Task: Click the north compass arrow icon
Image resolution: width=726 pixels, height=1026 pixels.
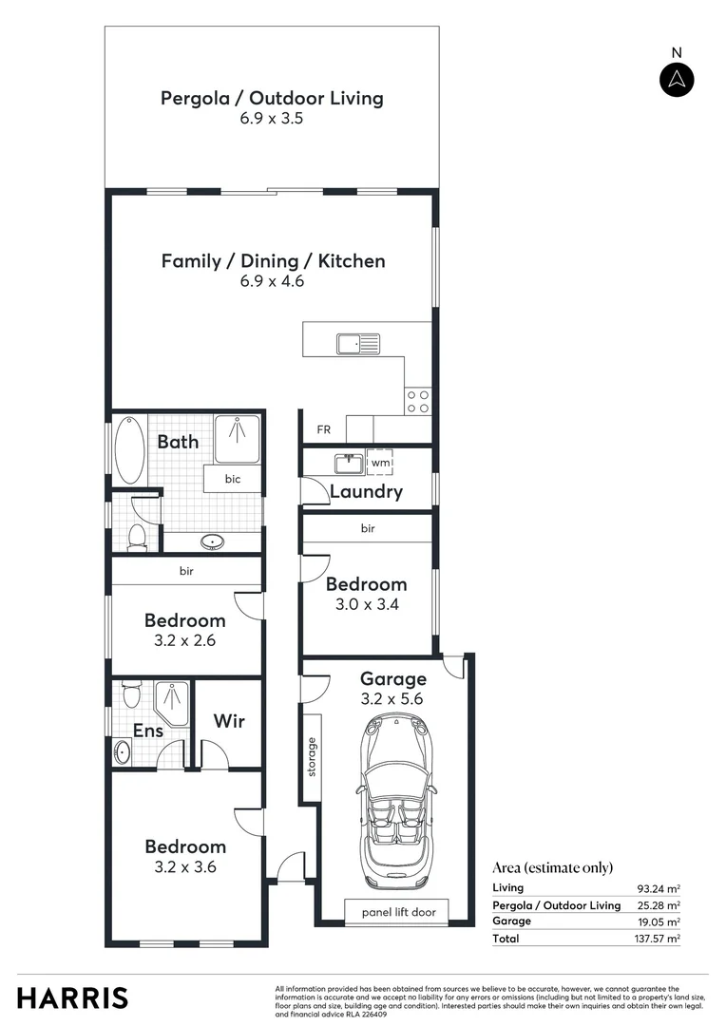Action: (x=677, y=79)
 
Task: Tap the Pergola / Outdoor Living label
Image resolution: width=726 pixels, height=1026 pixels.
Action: (x=272, y=98)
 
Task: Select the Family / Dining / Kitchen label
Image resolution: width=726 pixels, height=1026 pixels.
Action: (x=273, y=260)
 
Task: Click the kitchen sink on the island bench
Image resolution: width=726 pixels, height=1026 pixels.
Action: (x=358, y=342)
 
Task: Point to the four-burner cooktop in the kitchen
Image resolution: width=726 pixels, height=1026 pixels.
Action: (x=418, y=401)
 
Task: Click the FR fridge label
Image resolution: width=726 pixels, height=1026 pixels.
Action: (x=324, y=430)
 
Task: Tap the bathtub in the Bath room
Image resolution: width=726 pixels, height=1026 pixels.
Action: (x=130, y=450)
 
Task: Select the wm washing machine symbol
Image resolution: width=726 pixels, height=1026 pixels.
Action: (x=380, y=463)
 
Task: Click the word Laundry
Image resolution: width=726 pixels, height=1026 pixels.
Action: (x=366, y=492)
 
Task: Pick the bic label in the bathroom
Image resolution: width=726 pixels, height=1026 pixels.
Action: (x=233, y=479)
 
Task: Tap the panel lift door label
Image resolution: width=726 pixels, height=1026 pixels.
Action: (x=398, y=912)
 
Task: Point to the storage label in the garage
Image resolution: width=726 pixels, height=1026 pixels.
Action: (x=311, y=756)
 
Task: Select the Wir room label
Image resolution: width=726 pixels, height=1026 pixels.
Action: (x=228, y=721)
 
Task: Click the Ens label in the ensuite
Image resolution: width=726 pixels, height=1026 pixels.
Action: (x=147, y=731)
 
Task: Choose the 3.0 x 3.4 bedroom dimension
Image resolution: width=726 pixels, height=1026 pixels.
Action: (x=366, y=604)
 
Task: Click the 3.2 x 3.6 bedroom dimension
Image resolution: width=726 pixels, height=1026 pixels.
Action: (x=185, y=866)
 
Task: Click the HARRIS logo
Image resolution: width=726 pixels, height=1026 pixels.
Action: (x=72, y=998)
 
